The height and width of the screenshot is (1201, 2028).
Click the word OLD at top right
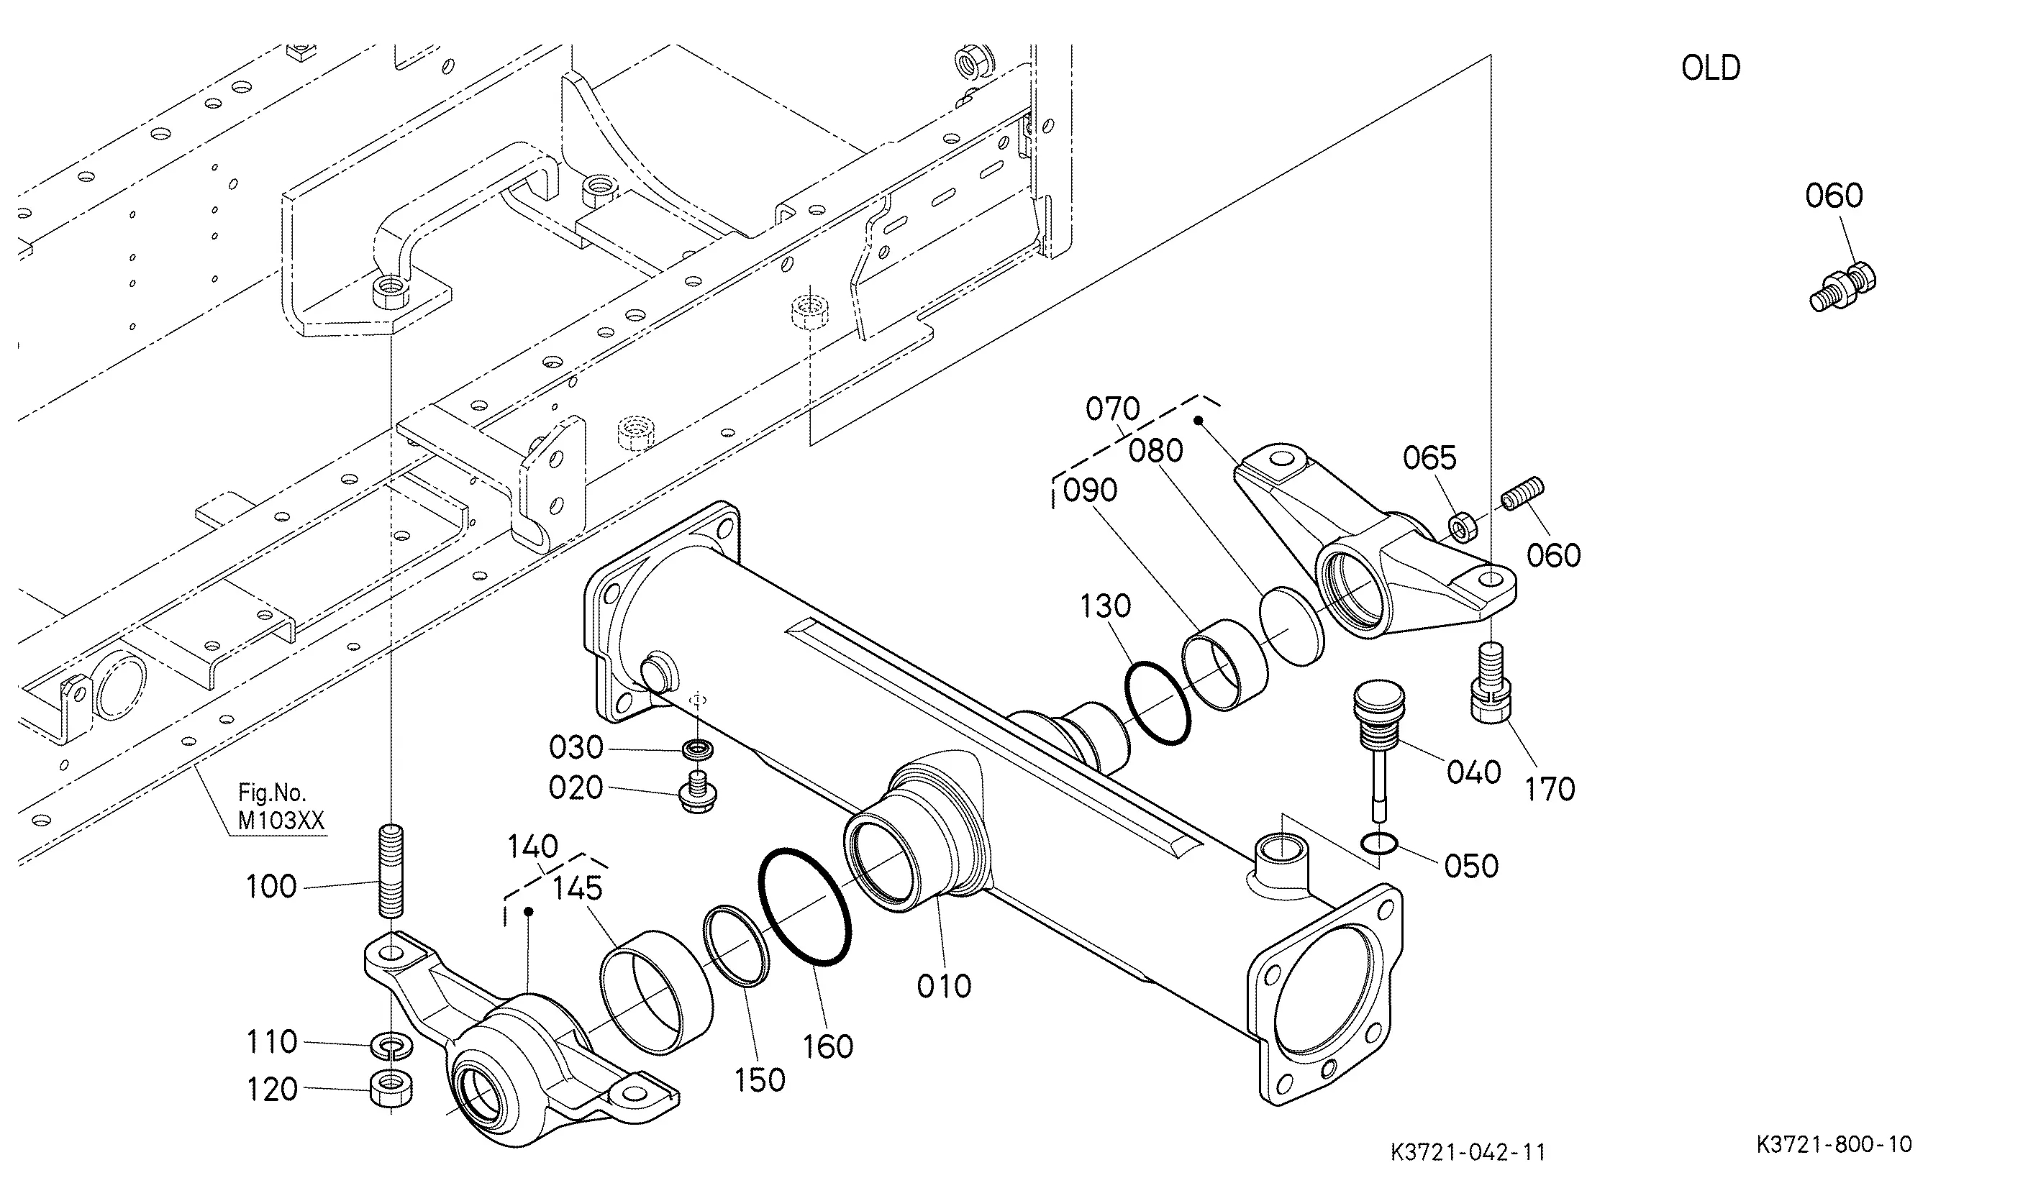pyautogui.click(x=1711, y=68)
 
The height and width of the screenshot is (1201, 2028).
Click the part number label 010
pyautogui.click(x=944, y=986)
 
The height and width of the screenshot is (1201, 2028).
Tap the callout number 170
pyautogui.click(x=1550, y=789)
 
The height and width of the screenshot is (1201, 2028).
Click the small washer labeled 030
pyautogui.click(x=698, y=749)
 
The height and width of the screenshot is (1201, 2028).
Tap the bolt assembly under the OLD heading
pyautogui.click(x=1842, y=286)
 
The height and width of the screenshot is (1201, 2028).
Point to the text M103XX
pyautogui.click(x=281, y=821)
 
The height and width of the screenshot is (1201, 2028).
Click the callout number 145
pyautogui.click(x=577, y=889)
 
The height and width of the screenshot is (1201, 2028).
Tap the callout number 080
pyautogui.click(x=1156, y=451)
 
